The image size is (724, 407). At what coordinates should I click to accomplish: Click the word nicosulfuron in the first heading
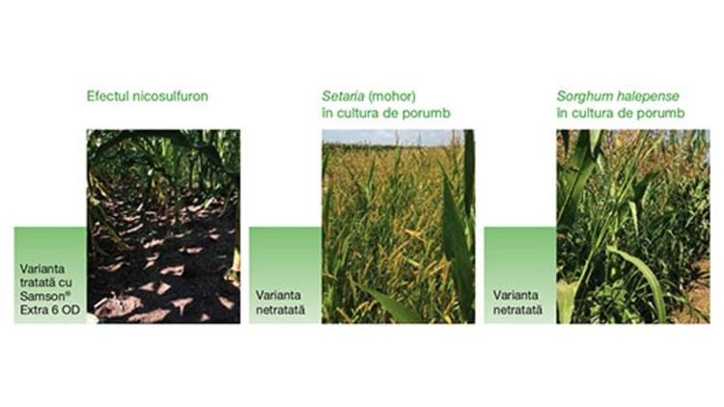[x=170, y=96]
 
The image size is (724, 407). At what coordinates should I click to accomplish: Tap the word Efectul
[x=108, y=96]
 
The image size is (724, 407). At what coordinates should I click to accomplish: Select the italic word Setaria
[x=343, y=96]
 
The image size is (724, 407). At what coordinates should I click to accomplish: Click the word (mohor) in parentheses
[x=393, y=96]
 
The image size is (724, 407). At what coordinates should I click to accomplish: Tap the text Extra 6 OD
[x=50, y=310]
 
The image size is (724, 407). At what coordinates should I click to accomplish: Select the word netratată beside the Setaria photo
[x=280, y=310]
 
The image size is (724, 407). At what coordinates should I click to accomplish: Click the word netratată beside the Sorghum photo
[x=517, y=310]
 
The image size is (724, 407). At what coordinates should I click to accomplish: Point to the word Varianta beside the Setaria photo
[x=278, y=295]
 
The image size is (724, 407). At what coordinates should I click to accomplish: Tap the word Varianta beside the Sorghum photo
[x=515, y=295]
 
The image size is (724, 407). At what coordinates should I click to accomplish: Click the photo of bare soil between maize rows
[x=163, y=226]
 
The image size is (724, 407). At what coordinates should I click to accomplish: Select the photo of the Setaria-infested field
[x=398, y=226]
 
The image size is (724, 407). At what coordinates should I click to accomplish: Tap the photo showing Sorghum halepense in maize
[x=633, y=226]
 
